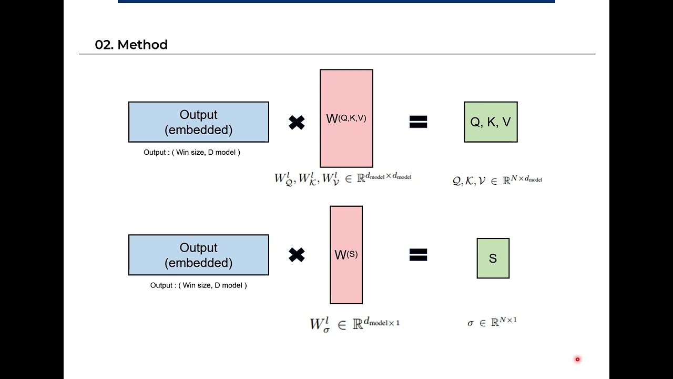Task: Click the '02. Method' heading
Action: pos(131,45)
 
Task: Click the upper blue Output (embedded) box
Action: pos(199,122)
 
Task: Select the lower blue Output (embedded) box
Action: pos(199,255)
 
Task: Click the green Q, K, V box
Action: pos(491,122)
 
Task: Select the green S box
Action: pos(493,258)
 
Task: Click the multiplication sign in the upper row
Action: pos(297,123)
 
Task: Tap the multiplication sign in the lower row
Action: pos(297,255)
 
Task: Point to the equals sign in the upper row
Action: pos(418,122)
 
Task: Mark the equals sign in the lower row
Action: pos(418,255)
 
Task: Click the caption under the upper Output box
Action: pos(192,152)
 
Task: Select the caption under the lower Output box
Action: pos(198,285)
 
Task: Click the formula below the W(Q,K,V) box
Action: pos(343,178)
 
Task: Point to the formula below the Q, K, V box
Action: pos(497,181)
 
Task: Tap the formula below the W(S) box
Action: pos(355,323)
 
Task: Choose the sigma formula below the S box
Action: pos(492,322)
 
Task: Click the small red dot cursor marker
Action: pos(577,360)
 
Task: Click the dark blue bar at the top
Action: pos(336,2)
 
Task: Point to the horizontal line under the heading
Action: pos(336,54)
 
